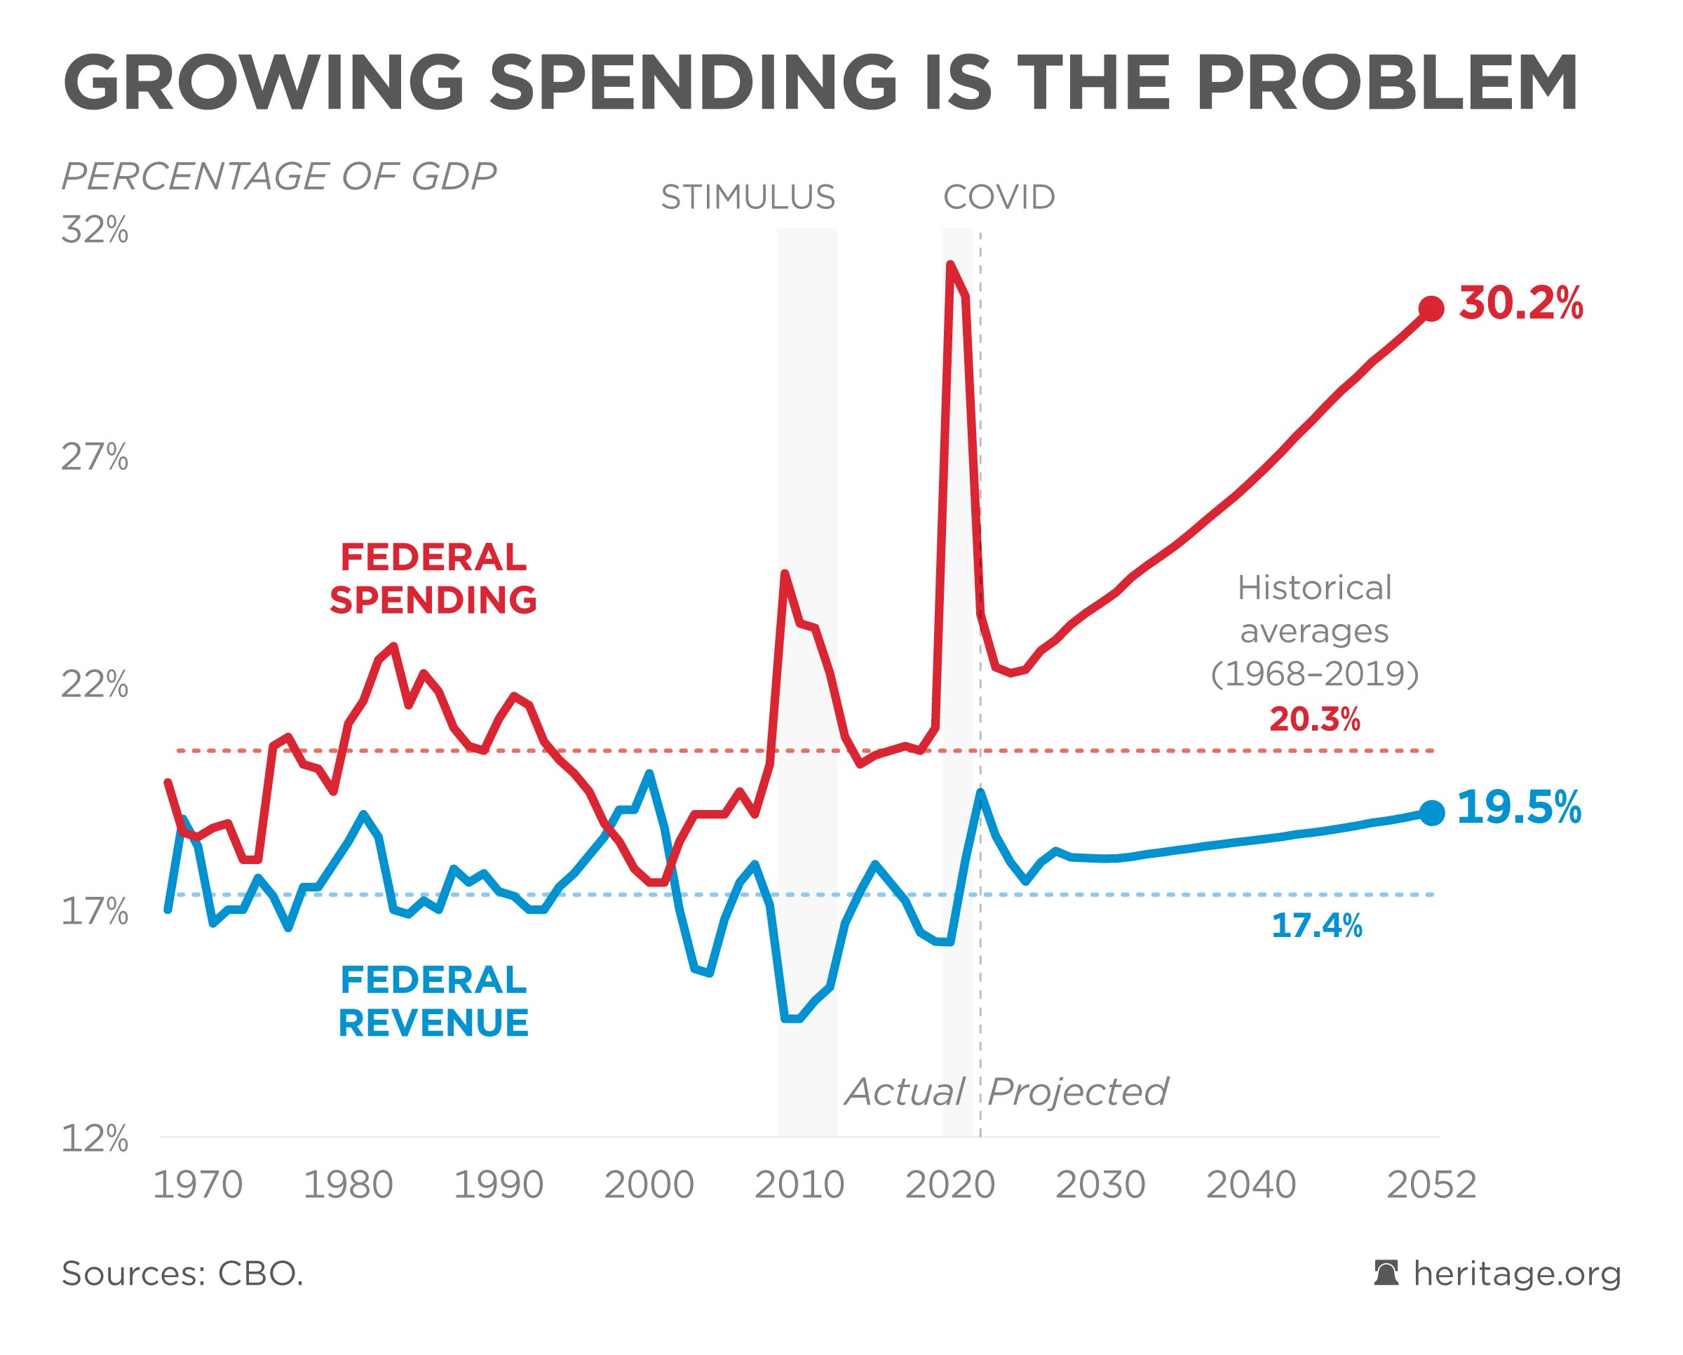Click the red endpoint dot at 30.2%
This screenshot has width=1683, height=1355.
coord(1431,309)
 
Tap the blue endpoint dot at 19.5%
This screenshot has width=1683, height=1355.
coord(1431,813)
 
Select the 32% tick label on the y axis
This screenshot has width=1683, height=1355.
coord(95,230)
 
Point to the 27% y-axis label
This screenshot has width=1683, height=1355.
coord(95,457)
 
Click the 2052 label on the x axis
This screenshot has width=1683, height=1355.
coord(1431,1185)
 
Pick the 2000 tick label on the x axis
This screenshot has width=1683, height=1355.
coord(649,1185)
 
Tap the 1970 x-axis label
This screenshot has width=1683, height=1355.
coord(198,1185)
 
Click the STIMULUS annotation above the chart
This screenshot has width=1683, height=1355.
coord(748,198)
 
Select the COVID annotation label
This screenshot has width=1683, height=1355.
coord(999,198)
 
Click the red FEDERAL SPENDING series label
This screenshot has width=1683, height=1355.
coord(433,579)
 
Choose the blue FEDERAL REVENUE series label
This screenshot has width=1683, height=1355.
coord(433,1002)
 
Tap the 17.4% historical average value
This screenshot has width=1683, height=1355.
coord(1317,926)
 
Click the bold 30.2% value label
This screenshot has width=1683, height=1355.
coord(1520,303)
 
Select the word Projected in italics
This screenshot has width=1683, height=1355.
coord(1077,1091)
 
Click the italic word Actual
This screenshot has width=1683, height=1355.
coord(905,1091)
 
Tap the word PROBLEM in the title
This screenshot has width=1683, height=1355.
coord(1386,83)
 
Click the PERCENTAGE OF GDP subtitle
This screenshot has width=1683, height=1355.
coord(278,177)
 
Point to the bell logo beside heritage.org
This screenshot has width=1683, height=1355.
coord(1386,1273)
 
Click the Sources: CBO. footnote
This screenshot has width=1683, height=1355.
coord(182,1274)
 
